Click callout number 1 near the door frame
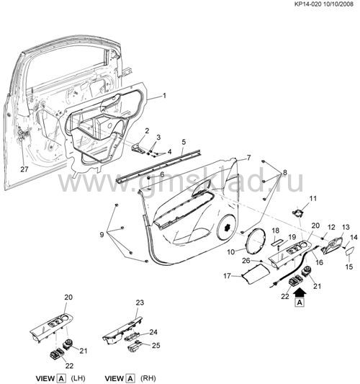(164, 96)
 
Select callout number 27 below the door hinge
(24, 169)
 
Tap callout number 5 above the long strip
(184, 142)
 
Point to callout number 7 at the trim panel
(248, 158)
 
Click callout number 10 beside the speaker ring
(231, 251)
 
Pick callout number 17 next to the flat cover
(227, 276)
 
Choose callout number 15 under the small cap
(349, 267)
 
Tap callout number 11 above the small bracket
(313, 198)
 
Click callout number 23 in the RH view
(140, 303)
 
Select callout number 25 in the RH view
(156, 345)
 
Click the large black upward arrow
(300, 292)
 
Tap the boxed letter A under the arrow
(300, 303)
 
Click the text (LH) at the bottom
(78, 378)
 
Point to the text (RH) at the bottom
(148, 378)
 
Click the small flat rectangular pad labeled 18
(276, 243)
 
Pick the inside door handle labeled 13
(332, 246)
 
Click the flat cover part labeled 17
(256, 272)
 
